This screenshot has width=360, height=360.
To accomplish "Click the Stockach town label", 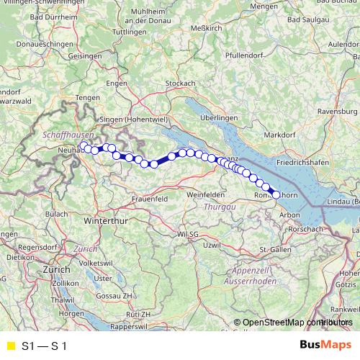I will point(180,84).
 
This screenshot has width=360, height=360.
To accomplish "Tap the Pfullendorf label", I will point(243,55).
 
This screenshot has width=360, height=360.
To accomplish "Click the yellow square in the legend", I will point(10,346).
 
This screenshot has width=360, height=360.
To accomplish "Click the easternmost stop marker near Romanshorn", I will point(276,194).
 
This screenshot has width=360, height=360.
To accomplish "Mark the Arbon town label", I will point(289,215).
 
